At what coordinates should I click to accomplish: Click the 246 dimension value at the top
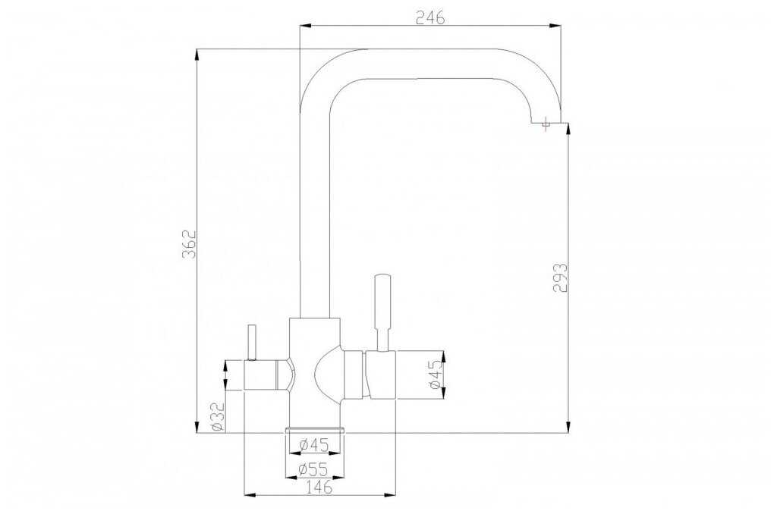pos(430,17)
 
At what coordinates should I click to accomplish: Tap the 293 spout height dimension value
pos(560,278)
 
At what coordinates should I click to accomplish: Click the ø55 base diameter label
pos(314,467)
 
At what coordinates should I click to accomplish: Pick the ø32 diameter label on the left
pos(218,417)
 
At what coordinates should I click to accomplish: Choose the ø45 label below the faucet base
pos(314,445)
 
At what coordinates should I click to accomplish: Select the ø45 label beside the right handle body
pos(435,375)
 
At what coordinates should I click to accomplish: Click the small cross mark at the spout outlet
pos(546,124)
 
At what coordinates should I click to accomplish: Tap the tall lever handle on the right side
pos(383,313)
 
